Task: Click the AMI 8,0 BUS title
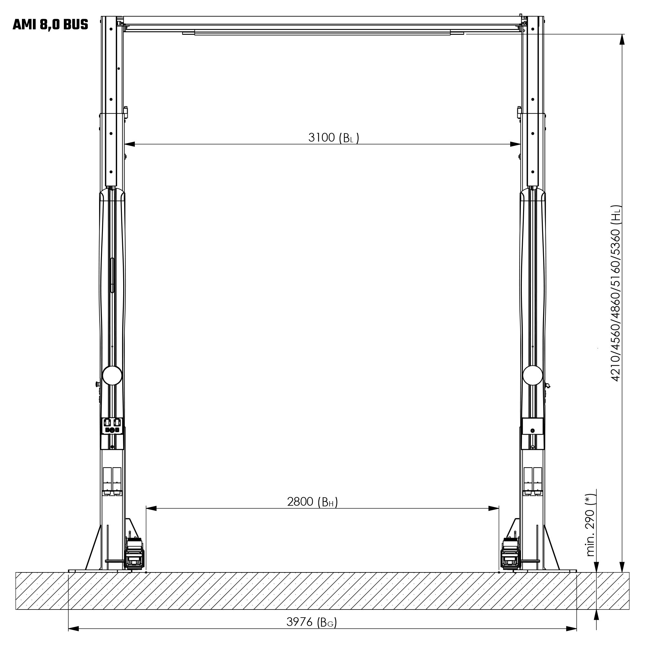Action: pyautogui.click(x=50, y=25)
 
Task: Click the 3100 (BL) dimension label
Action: pyautogui.click(x=333, y=138)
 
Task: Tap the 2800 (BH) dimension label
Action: pyautogui.click(x=313, y=502)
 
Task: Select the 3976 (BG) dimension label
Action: pyautogui.click(x=312, y=622)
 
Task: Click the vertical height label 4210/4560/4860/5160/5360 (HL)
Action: pyautogui.click(x=615, y=293)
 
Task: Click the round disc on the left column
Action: pyautogui.click(x=112, y=375)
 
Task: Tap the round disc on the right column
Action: pyautogui.click(x=532, y=375)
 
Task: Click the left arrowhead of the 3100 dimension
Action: pyautogui.click(x=130, y=144)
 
